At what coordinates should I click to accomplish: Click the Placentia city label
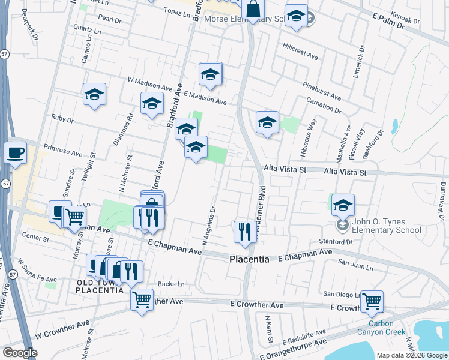[253, 259]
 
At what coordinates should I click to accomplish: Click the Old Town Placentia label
[100, 286]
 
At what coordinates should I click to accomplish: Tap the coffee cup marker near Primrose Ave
[15, 152]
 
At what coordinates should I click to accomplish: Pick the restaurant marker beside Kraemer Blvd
[244, 232]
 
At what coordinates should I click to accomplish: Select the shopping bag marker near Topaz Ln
[253, 10]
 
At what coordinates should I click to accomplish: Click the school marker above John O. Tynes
[343, 205]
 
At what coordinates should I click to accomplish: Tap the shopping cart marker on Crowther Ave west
[142, 298]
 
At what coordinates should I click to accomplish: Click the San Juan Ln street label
[352, 263]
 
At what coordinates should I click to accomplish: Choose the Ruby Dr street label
[62, 119]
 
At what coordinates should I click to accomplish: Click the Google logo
[20, 353]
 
